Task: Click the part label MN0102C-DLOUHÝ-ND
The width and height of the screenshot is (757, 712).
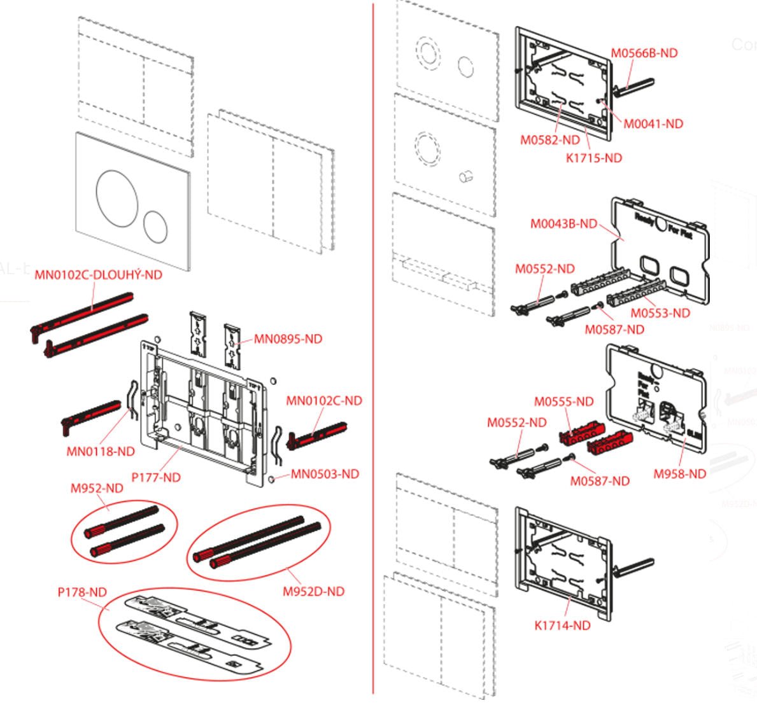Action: (x=98, y=275)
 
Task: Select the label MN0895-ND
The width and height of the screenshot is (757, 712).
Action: (x=288, y=339)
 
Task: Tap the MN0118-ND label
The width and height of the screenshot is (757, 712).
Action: (x=101, y=452)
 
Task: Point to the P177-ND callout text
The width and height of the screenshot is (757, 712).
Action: (x=156, y=477)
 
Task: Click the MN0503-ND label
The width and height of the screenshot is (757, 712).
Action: (x=325, y=474)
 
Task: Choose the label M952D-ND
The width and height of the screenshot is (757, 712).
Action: (x=313, y=592)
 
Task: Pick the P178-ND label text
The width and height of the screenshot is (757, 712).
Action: (x=82, y=592)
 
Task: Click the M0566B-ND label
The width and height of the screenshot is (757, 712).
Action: (x=644, y=53)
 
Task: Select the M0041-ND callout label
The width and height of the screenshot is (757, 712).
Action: (x=653, y=124)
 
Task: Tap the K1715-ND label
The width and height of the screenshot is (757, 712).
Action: (x=593, y=158)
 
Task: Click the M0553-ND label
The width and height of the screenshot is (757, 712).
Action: (x=660, y=313)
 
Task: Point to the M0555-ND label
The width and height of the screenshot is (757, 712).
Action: (x=563, y=401)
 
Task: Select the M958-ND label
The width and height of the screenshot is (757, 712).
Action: (x=680, y=474)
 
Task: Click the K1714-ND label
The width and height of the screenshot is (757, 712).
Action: (x=562, y=625)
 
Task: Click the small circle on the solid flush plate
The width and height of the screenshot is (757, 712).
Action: (x=155, y=226)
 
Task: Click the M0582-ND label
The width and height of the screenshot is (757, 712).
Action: (x=550, y=140)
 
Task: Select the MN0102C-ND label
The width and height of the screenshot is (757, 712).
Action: (x=323, y=401)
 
